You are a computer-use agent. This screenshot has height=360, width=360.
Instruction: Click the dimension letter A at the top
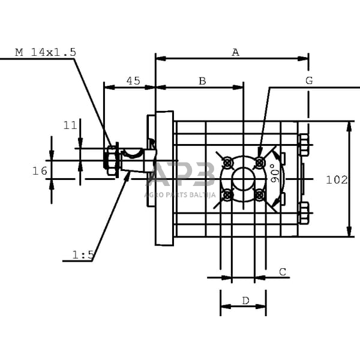point(236,53)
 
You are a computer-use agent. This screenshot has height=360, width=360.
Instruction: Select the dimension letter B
point(202,81)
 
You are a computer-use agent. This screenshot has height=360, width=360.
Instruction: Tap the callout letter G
point(309,80)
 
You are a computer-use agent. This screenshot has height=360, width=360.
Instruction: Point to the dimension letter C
point(283,272)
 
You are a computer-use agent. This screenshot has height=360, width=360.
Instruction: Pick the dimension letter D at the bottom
point(245,300)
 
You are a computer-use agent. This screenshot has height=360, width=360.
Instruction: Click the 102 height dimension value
point(337,180)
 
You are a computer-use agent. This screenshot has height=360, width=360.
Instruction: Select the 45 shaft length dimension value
point(133,81)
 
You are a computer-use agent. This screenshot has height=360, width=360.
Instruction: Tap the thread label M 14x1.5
point(46,52)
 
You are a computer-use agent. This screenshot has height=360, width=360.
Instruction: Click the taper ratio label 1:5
point(83,255)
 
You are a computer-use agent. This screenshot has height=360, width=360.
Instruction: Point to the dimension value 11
point(70,125)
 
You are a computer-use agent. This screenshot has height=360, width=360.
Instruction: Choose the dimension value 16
point(40,171)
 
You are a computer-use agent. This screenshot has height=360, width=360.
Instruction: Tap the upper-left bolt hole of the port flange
point(227,163)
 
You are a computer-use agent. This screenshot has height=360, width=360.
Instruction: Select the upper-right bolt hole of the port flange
point(260,162)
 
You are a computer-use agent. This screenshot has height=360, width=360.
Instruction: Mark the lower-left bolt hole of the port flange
point(227,194)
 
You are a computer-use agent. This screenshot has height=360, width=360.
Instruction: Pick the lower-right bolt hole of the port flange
point(260,194)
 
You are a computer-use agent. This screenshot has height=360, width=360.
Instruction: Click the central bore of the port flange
point(244,178)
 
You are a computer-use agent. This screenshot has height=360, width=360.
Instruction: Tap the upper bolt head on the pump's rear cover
point(304,145)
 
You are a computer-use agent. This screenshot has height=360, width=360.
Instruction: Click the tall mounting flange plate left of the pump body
point(164,178)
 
